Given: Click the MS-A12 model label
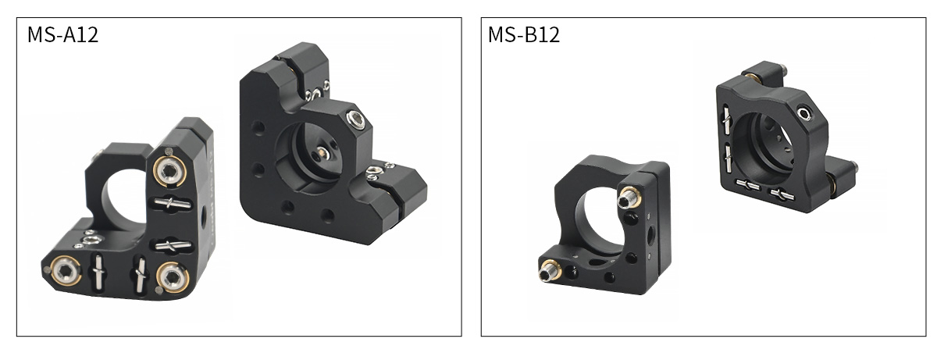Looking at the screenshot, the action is [x=62, y=34].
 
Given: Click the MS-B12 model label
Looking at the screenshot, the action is [x=524, y=34].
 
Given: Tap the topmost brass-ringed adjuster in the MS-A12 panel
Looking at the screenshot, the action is [x=169, y=171].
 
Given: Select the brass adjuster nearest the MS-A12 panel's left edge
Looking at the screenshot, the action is [x=66, y=270].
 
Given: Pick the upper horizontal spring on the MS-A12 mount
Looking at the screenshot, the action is [x=173, y=204].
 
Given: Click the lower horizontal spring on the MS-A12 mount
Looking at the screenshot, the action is [x=173, y=246].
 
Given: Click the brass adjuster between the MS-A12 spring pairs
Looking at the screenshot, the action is [x=173, y=277].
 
